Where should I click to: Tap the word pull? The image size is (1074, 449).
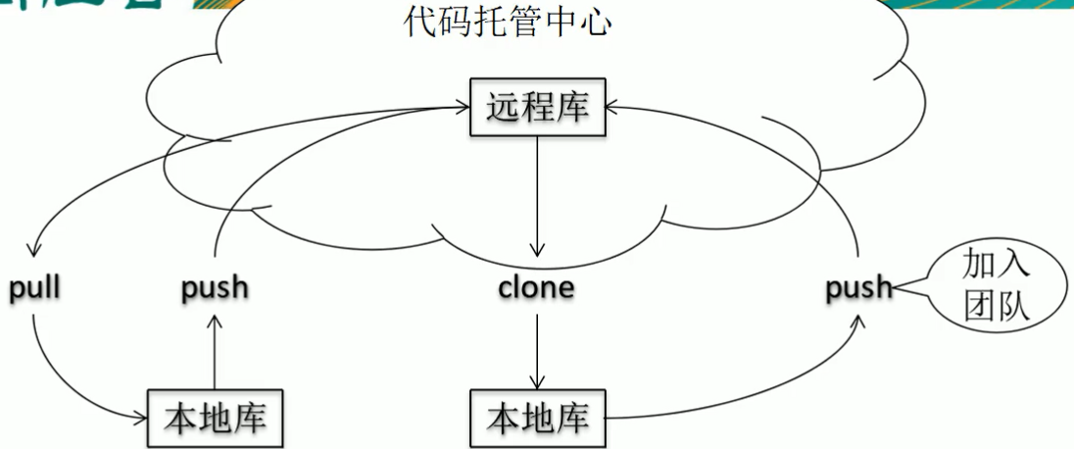pos(34,289)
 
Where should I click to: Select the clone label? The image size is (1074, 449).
pos(536,289)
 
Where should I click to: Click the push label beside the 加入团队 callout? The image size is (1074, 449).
pos(858,288)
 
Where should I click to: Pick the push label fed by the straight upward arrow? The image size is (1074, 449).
pos(215,289)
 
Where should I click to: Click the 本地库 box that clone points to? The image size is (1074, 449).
pos(538,419)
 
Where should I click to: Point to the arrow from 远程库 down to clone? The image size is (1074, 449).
pos(537,196)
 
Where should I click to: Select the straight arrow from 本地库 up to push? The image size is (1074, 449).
pos(215,348)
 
